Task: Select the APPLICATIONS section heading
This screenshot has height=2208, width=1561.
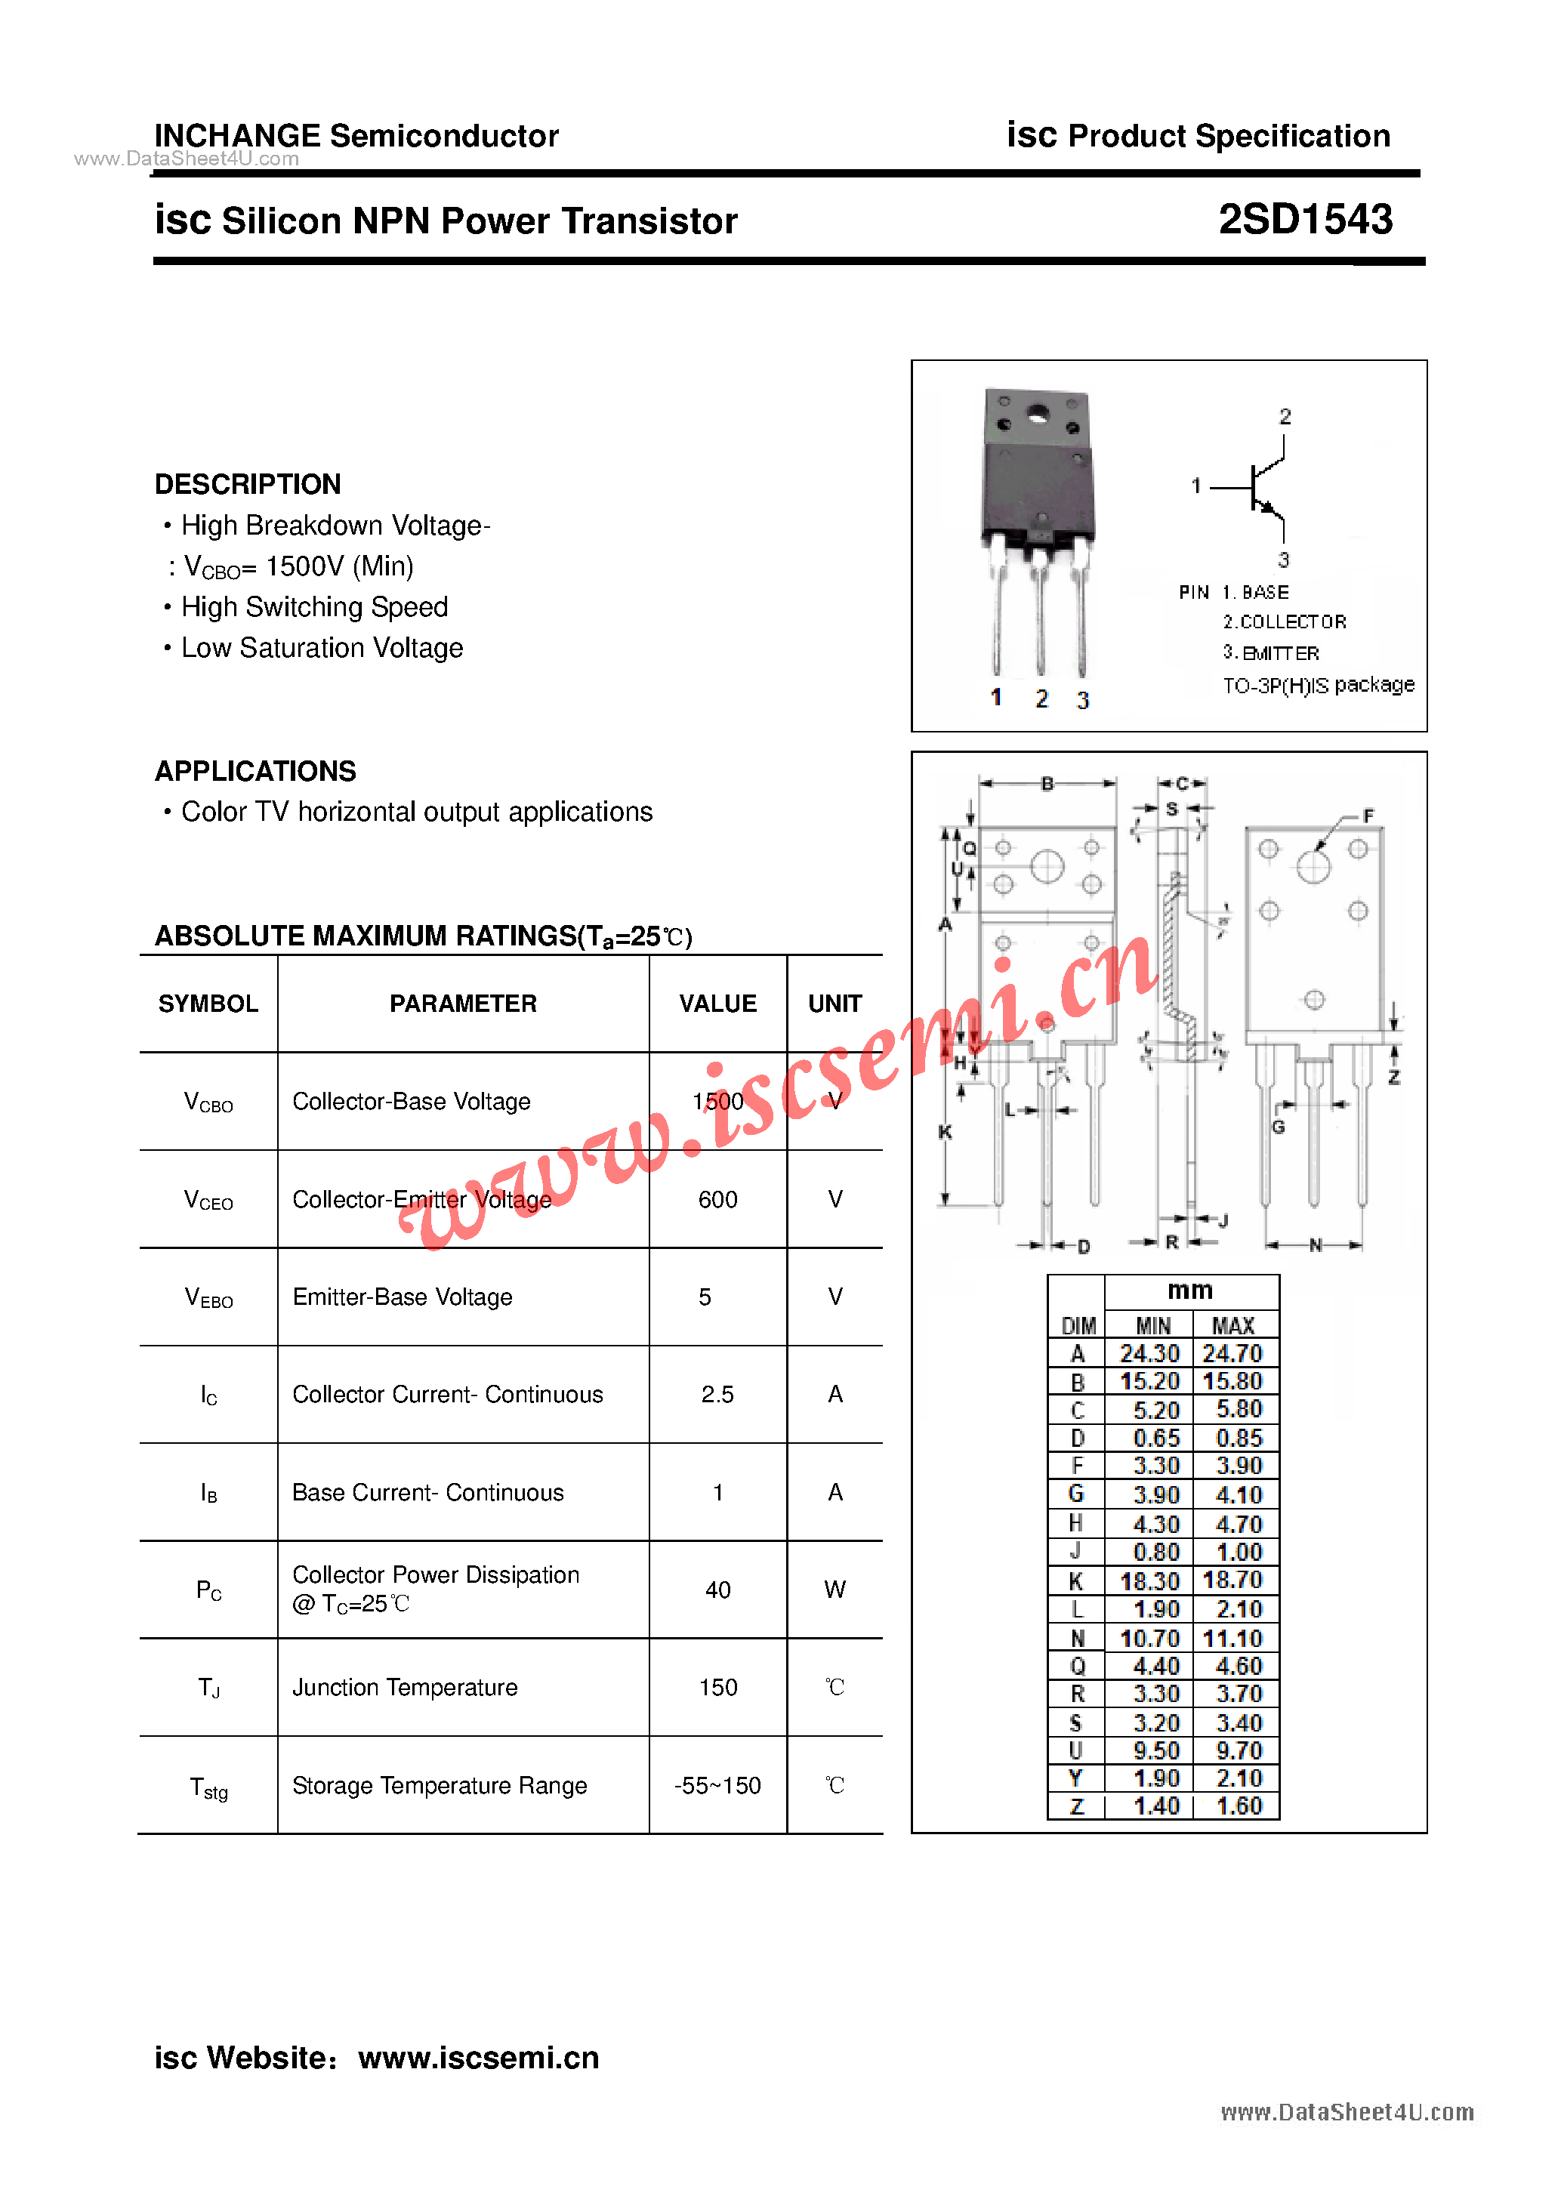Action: point(255,771)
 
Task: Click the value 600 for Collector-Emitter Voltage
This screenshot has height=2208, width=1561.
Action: point(717,1199)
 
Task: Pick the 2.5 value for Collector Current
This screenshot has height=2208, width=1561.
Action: point(717,1395)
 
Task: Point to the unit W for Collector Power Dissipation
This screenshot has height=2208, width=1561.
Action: point(834,1590)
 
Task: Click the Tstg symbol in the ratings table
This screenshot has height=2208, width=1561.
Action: point(208,1787)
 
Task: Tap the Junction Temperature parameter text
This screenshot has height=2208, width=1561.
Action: point(405,1688)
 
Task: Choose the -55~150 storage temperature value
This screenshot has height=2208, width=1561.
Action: point(717,1786)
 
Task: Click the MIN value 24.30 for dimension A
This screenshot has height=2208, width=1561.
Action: point(1149,1354)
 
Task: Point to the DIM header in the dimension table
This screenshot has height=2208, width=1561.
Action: point(1078,1326)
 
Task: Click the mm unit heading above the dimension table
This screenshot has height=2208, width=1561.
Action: point(1189,1291)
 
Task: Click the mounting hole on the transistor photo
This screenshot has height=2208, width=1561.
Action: point(1037,415)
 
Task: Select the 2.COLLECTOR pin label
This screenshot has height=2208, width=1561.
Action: point(1284,622)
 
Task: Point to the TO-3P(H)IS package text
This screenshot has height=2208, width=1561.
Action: point(1318,685)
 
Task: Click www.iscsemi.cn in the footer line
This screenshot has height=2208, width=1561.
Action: point(478,2057)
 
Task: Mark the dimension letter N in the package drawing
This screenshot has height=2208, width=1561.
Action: point(1315,1244)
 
